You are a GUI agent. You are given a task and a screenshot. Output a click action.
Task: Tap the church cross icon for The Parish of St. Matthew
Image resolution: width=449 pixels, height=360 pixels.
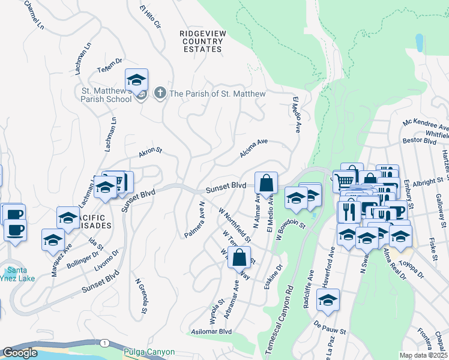[160, 94]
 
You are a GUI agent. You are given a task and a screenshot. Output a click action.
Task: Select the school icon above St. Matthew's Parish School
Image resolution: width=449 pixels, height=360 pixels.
[137, 80]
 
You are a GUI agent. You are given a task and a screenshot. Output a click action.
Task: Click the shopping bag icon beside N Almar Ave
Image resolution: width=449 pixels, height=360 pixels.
[266, 182]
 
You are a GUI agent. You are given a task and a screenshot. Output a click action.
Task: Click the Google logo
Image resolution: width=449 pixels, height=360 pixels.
[20, 353]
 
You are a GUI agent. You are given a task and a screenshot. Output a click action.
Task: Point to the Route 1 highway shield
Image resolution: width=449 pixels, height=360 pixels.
[105, 343]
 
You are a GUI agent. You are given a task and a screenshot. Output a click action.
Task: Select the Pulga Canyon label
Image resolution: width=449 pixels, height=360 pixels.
[149, 352]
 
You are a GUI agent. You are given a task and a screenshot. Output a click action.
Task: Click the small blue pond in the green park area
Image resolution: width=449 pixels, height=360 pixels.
[418, 42]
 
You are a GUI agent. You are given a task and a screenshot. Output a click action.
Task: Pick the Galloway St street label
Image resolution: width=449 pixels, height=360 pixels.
[442, 207]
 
